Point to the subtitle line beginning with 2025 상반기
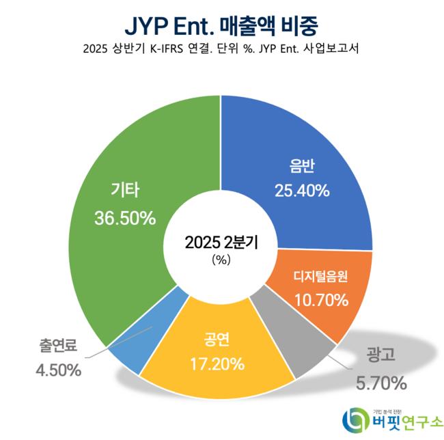221,50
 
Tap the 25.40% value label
301,192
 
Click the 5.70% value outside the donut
379,381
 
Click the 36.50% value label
126,219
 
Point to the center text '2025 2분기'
221,243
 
